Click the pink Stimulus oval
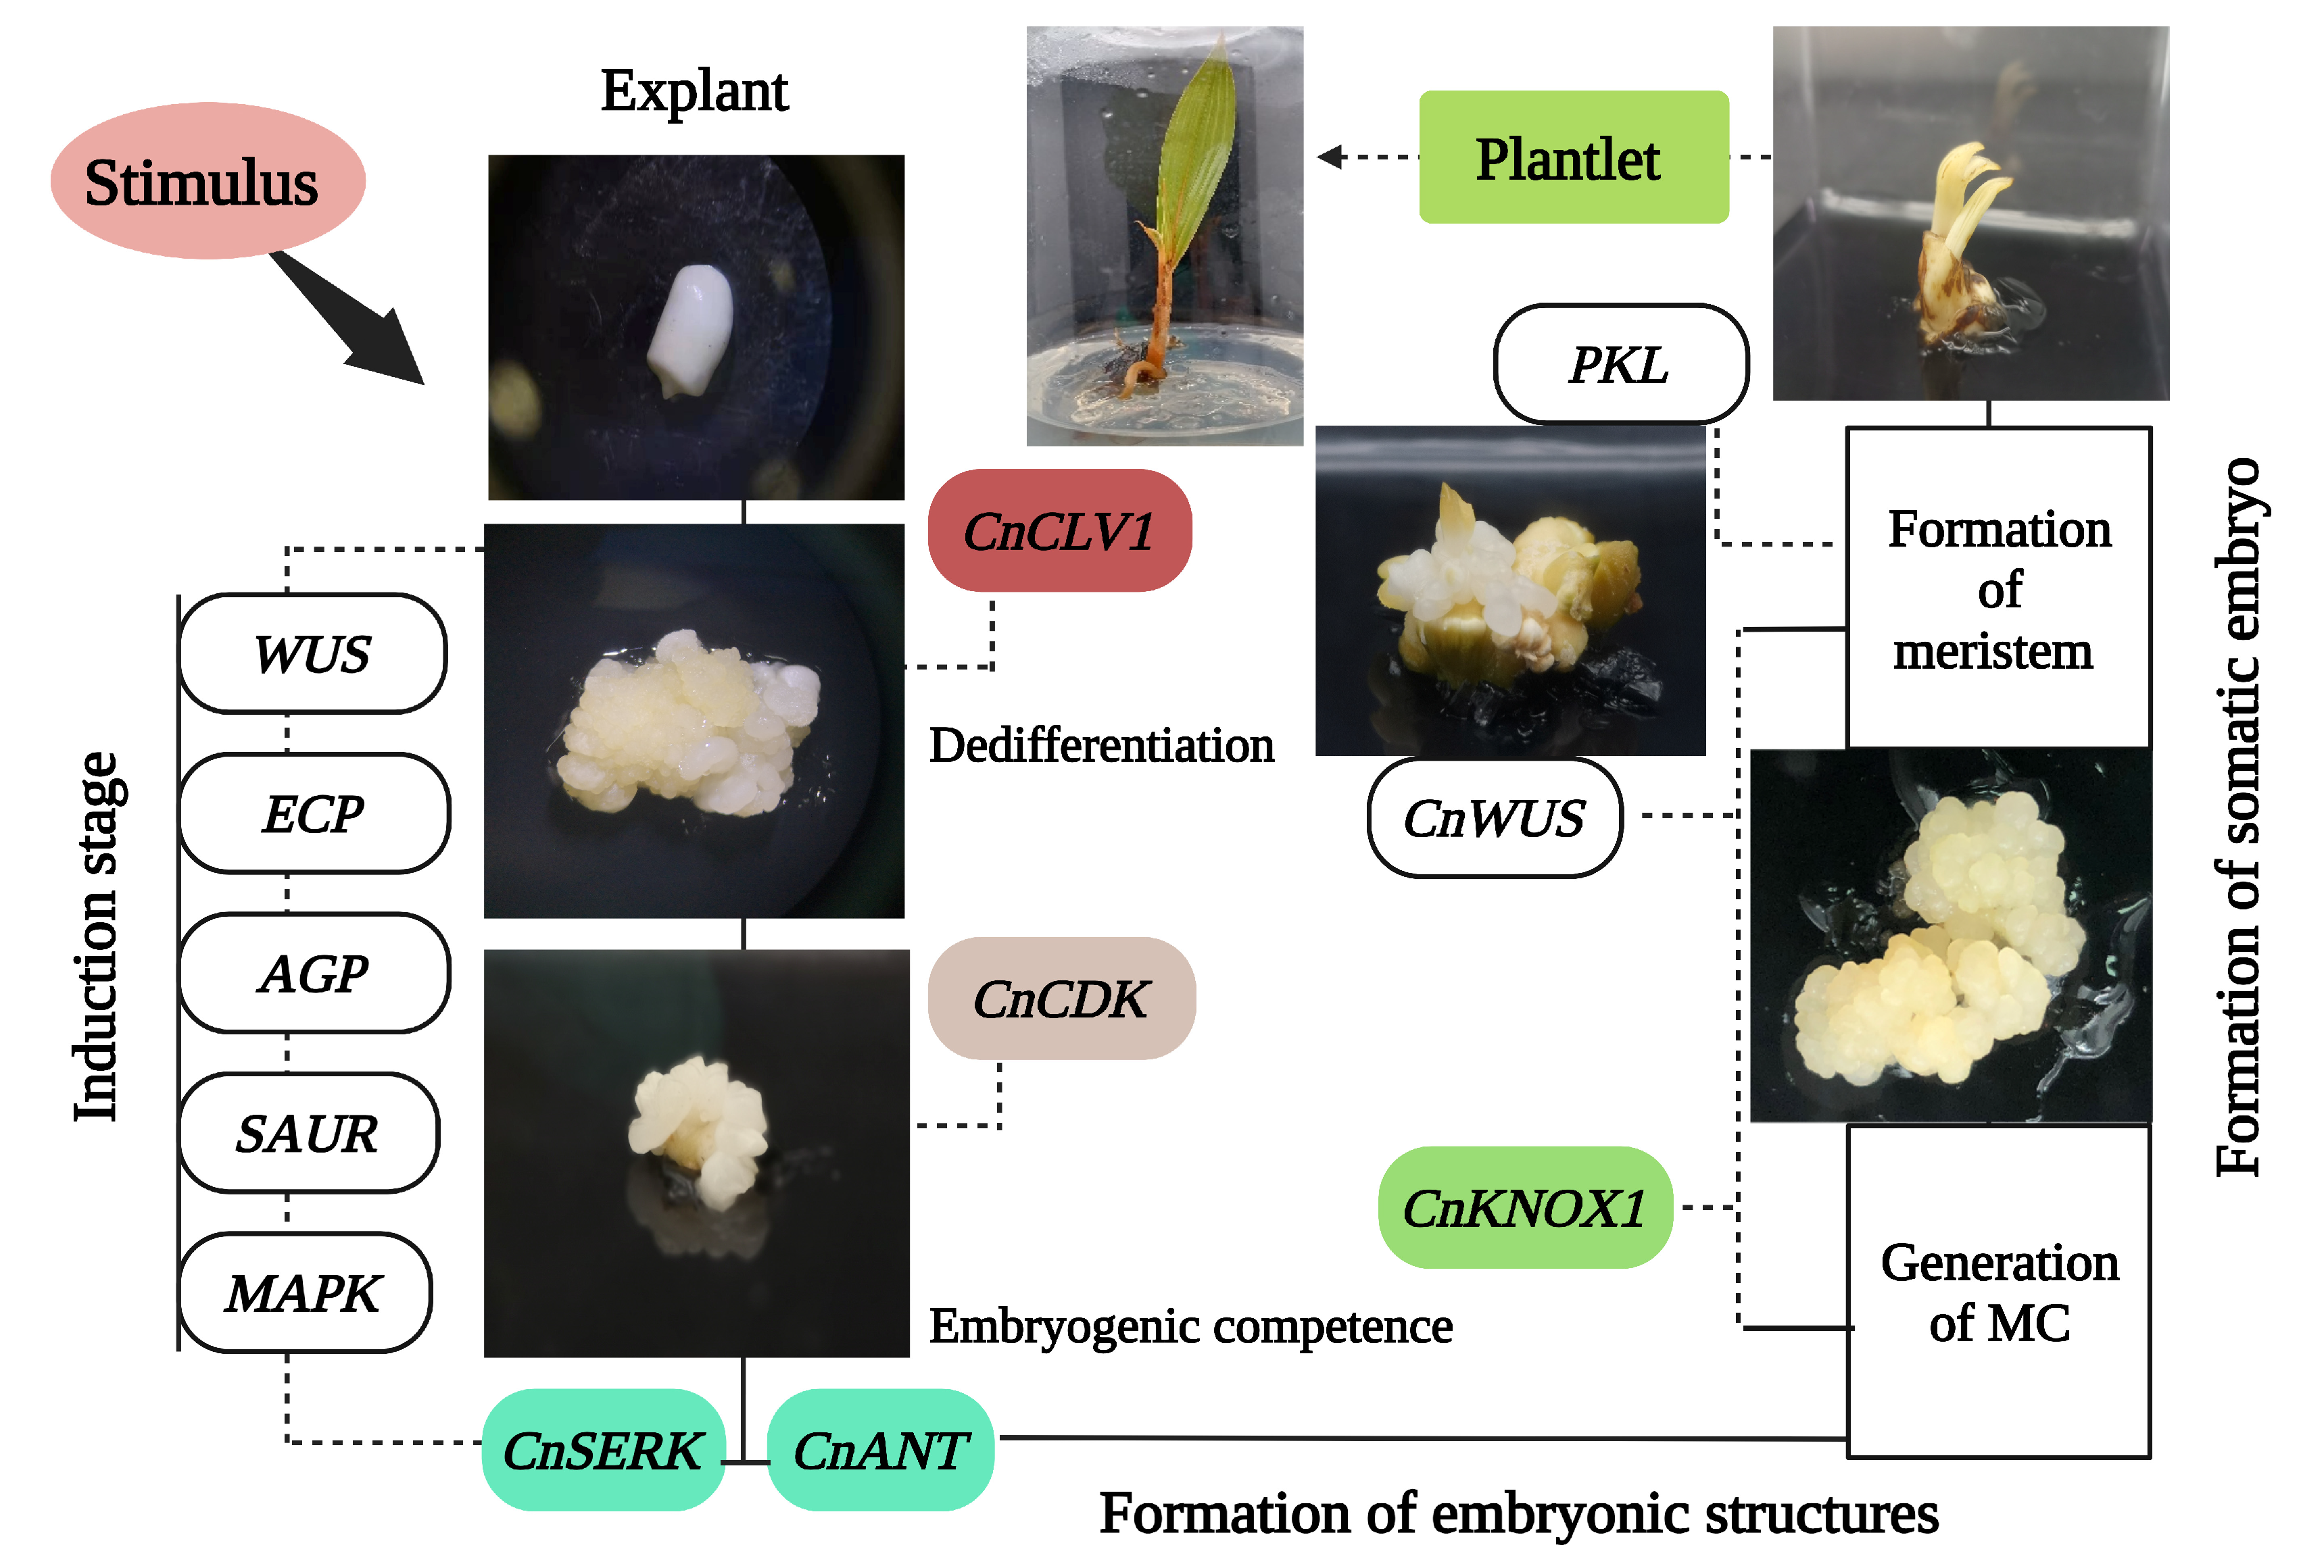tap(207, 181)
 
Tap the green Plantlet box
tap(1572, 157)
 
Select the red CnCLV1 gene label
tap(1059, 532)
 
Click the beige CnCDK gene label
tap(1061, 999)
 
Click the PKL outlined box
tap(1620, 364)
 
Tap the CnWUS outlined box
tap(1494, 817)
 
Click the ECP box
tap(314, 813)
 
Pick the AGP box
tap(314, 973)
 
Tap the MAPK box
tap(304, 1292)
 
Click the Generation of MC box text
tap(1999, 1292)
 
